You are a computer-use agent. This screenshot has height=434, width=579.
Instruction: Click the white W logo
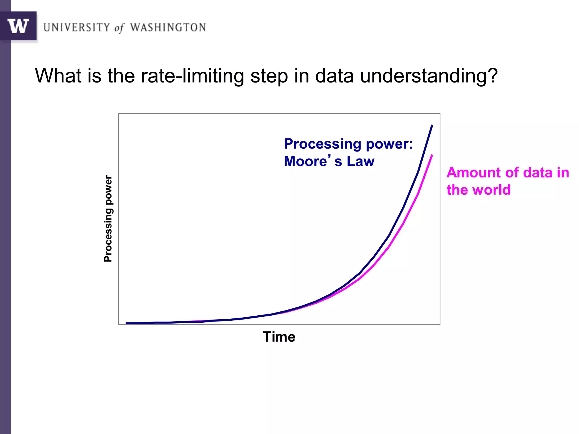click(18, 26)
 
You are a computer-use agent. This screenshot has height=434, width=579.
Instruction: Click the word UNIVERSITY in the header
click(77, 27)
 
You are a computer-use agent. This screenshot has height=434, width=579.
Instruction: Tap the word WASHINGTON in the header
click(168, 27)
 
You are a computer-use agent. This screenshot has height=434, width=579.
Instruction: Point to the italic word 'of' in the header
click(119, 28)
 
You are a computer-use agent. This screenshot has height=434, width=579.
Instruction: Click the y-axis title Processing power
click(108, 218)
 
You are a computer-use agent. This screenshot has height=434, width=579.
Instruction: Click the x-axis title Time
click(279, 337)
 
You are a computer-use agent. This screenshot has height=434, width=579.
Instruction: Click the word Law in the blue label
click(360, 161)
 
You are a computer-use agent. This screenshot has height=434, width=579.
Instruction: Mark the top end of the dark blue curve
click(432, 125)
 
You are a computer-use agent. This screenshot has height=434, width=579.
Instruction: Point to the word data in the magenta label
click(537, 173)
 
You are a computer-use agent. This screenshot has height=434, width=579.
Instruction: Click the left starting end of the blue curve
click(126, 323)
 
